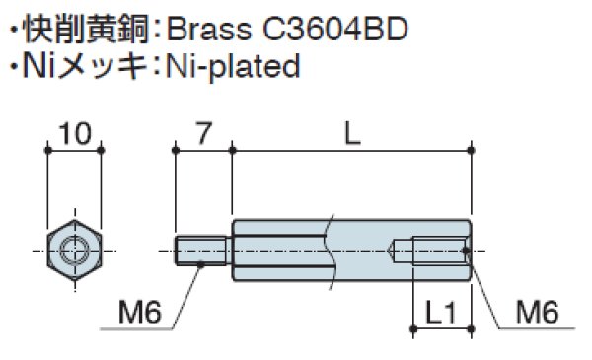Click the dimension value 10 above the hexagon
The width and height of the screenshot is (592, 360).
75,132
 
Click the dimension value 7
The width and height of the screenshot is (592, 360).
202,132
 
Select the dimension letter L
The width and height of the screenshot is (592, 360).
352,132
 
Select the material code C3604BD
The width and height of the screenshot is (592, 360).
335,26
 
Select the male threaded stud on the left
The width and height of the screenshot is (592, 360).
202,251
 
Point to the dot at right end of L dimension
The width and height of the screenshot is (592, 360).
473,150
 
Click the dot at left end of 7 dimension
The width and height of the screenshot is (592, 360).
175,150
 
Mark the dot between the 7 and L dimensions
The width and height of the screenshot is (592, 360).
232,150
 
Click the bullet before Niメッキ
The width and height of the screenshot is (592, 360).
13,67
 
